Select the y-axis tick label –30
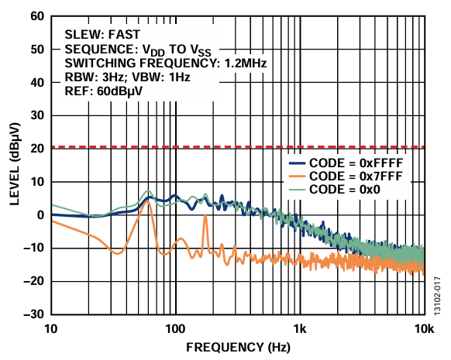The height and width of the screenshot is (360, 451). coord(33,315)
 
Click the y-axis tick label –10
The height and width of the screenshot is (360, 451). coord(33,249)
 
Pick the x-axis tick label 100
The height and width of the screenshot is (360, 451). coord(175,327)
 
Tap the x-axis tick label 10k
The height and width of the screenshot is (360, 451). coord(423,327)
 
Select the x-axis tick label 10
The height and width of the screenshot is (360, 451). coord(51,327)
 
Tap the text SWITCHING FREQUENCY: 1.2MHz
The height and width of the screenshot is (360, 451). coord(165,63)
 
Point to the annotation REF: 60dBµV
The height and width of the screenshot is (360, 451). coord(104,91)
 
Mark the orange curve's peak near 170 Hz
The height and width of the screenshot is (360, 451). coord(205,216)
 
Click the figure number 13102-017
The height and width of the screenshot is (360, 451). coord(439,296)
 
